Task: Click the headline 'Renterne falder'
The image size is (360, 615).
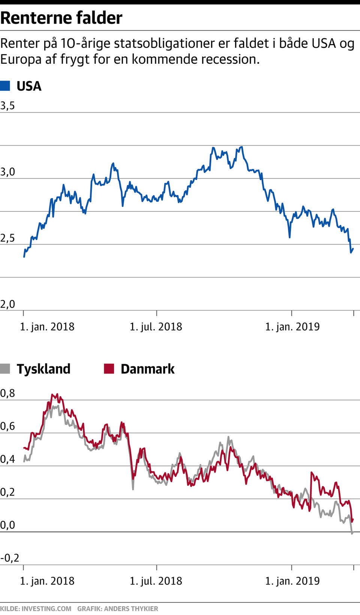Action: tap(61, 18)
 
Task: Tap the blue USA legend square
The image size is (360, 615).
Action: tap(5, 86)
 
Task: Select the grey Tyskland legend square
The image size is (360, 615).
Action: tap(5, 369)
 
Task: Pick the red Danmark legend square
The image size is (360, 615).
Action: tap(109, 369)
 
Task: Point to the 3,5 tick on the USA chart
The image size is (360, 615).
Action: tap(7, 106)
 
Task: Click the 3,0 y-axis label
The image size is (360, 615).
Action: tap(7, 172)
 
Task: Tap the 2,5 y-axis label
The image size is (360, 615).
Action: tap(7, 238)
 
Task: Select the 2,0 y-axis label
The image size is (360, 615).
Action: tap(7, 304)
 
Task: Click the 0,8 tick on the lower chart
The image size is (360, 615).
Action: tap(7, 393)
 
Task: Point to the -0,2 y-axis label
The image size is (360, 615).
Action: tap(10, 558)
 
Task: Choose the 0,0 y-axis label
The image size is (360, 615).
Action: tap(7, 525)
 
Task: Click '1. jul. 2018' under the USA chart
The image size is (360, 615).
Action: tap(156, 327)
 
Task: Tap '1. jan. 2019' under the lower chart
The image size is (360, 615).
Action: tap(292, 581)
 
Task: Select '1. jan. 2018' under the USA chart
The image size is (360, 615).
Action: tap(47, 327)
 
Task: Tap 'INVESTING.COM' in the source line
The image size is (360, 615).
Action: tap(46, 609)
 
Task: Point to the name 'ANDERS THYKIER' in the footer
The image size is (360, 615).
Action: tap(131, 609)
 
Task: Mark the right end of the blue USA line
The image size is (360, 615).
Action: tap(353, 249)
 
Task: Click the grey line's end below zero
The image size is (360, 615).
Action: tap(352, 533)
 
